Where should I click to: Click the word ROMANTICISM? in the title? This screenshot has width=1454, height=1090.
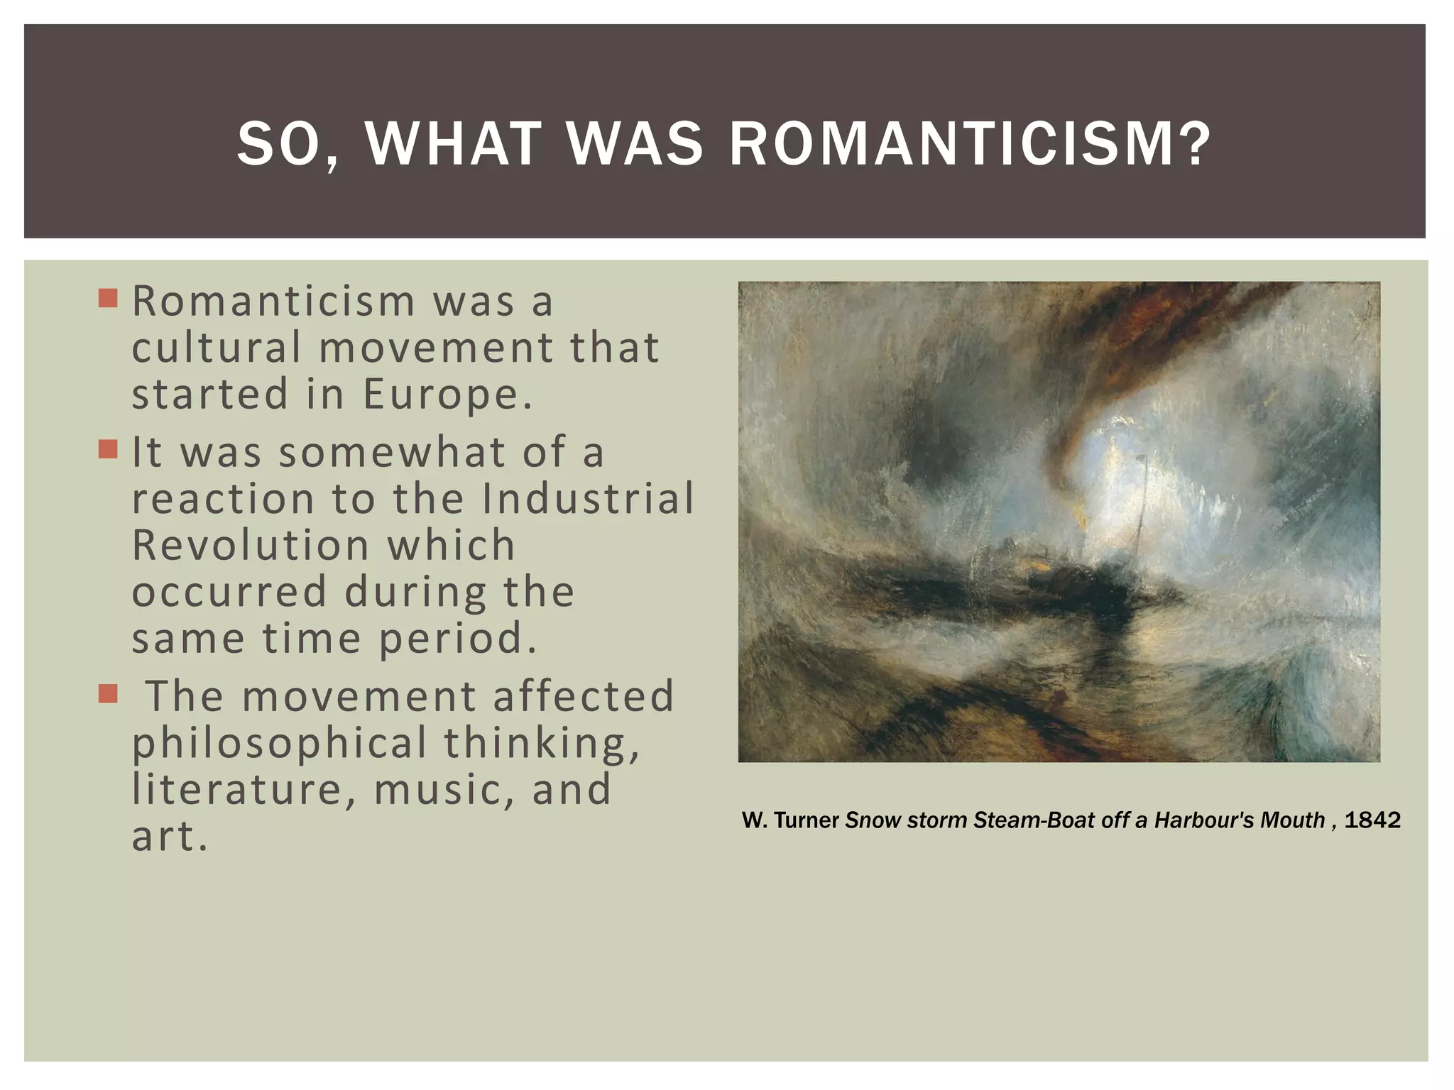tap(970, 145)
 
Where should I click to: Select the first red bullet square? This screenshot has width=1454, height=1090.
tap(108, 298)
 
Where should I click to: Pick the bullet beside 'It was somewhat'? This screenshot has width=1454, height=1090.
tap(108, 449)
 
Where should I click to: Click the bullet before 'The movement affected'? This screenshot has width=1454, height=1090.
tap(108, 693)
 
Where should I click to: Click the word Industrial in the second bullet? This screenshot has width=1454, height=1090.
tap(588, 498)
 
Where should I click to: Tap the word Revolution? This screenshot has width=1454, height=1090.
tap(251, 545)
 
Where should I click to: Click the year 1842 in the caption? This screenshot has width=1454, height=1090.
tap(1372, 820)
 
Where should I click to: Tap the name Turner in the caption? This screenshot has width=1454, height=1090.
tap(807, 820)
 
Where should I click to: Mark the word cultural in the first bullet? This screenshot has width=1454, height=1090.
tap(217, 348)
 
